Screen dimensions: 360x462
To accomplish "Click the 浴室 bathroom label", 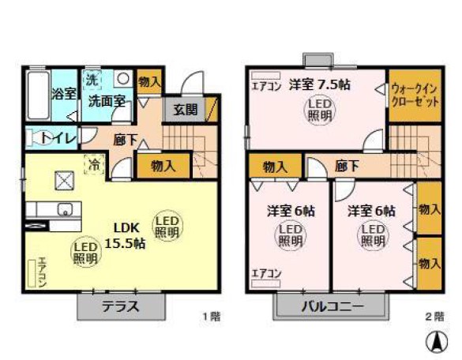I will (x=63, y=94).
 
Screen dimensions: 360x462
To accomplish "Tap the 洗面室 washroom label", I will (x=107, y=101).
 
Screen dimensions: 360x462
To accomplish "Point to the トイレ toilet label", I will (x=58, y=138).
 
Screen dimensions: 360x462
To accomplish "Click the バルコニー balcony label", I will (x=331, y=306).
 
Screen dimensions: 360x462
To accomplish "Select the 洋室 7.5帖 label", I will (x=318, y=84).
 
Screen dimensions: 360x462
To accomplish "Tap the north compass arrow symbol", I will (x=434, y=342).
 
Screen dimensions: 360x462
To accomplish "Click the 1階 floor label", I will (x=211, y=317).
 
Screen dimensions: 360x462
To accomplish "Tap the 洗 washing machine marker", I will (x=92, y=79).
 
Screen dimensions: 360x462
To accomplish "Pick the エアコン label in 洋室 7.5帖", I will (x=265, y=85).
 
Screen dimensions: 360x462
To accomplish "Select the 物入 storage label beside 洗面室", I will (x=149, y=81).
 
